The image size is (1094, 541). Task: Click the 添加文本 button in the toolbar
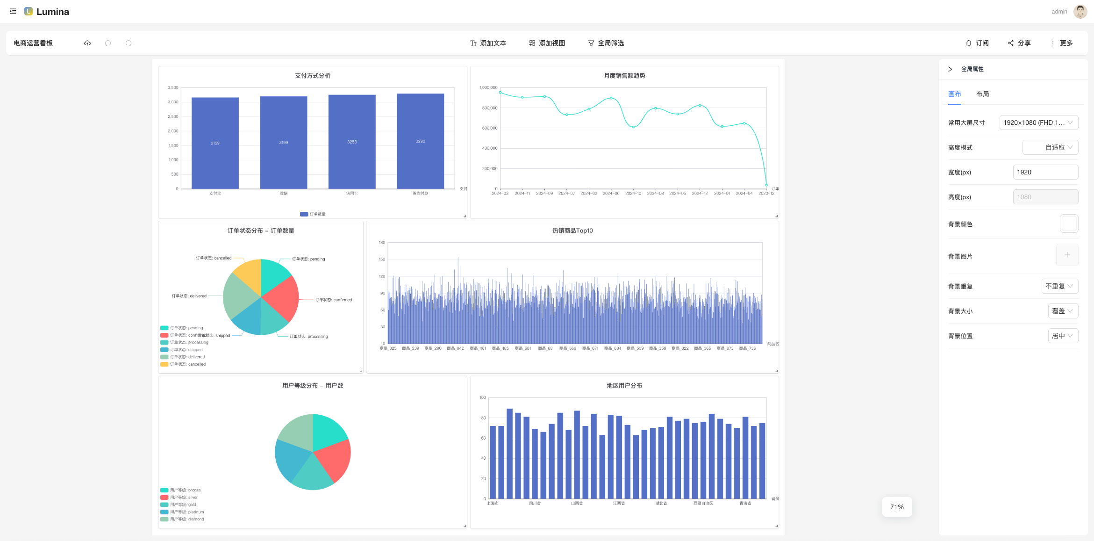488,43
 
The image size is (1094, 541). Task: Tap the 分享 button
1019,43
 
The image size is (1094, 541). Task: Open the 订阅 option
977,43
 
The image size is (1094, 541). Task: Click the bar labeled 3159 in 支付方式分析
215,143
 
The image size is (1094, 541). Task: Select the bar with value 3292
420,141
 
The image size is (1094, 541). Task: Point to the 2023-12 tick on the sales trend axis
766,194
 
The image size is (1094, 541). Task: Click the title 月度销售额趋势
624,76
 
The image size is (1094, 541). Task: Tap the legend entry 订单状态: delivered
187,357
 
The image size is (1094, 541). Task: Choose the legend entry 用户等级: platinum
186,512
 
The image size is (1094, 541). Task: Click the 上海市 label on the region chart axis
493,504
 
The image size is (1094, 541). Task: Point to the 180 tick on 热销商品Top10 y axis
382,243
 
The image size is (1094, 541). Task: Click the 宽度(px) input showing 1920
1045,172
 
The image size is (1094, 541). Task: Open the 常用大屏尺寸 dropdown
1038,123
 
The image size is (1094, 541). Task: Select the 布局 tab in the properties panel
982,94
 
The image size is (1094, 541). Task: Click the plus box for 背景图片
1067,255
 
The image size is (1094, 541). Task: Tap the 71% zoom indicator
897,507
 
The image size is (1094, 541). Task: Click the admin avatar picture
1080,12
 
